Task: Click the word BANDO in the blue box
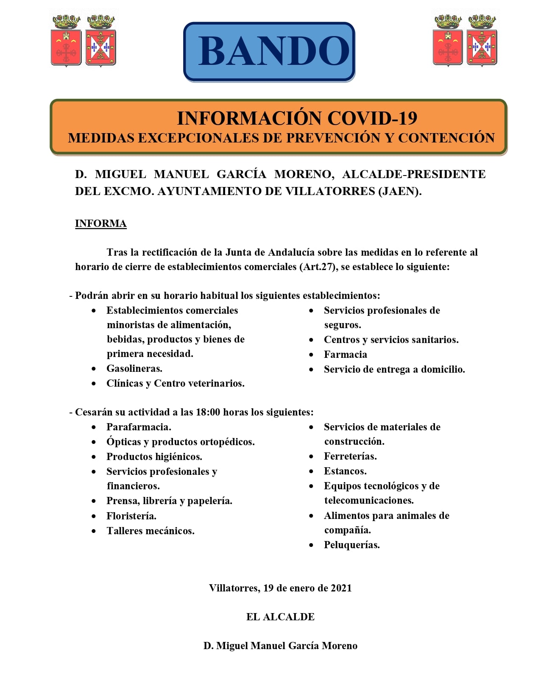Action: tap(273, 51)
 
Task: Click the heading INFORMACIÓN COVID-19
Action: tap(297, 118)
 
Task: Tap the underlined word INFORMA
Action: tap(100, 223)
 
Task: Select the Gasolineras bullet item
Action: tap(134, 368)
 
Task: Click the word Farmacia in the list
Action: tap(345, 354)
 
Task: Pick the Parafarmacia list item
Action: tap(139, 427)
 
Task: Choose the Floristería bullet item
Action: tap(131, 516)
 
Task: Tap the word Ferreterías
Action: tap(350, 456)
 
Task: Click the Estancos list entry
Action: tap(345, 471)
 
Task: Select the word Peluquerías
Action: tap(351, 545)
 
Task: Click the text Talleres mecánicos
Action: tap(151, 531)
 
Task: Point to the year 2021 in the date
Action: tap(341, 588)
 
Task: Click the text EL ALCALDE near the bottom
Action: tap(280, 617)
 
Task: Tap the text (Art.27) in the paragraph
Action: tap(318, 267)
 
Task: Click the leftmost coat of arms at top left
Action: tap(66, 42)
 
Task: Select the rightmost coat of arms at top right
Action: tap(482, 42)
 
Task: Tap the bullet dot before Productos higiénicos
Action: tap(94, 457)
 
